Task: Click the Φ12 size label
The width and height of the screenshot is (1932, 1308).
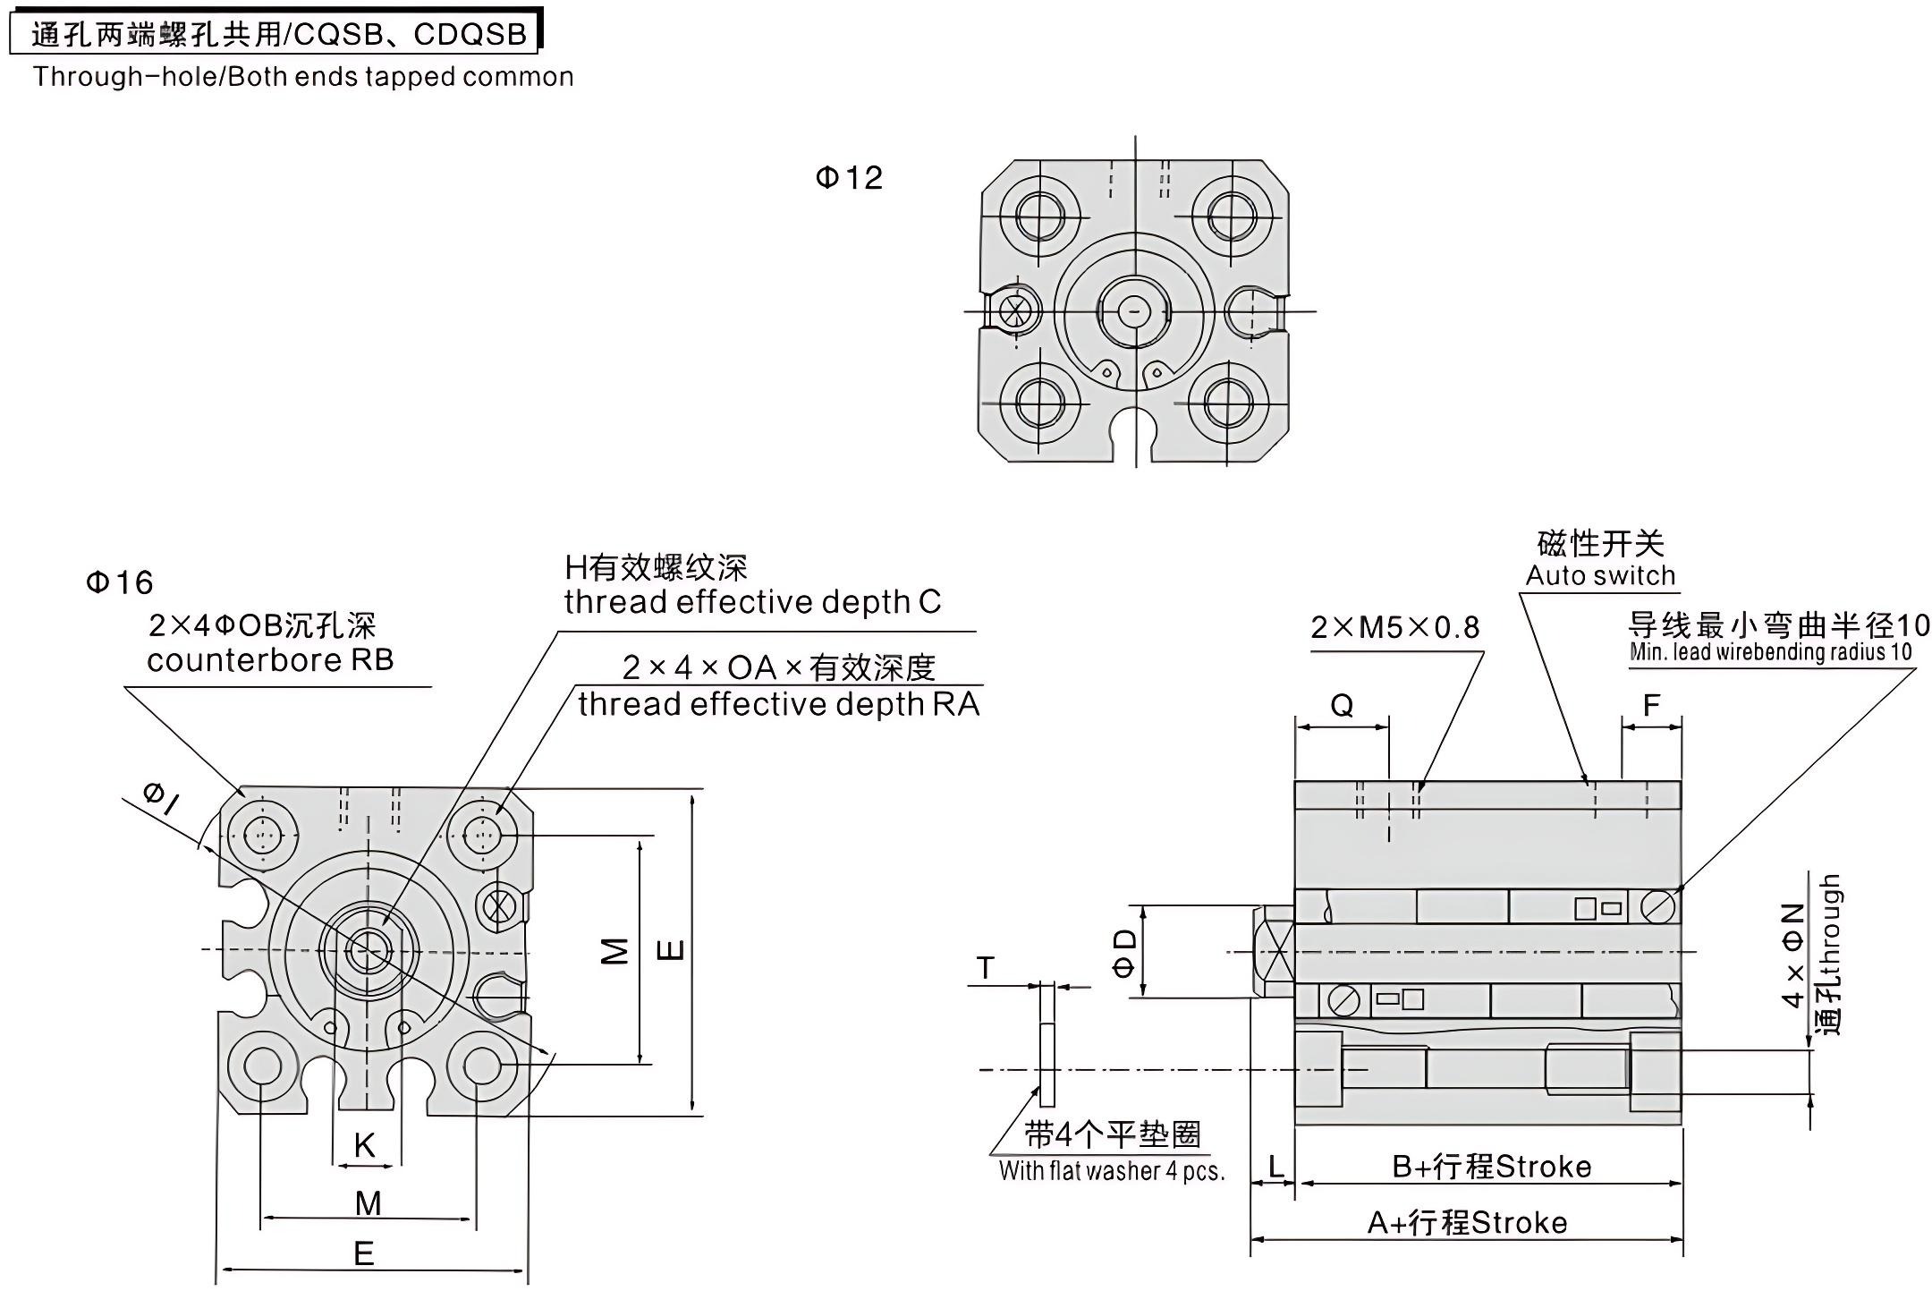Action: click(x=848, y=177)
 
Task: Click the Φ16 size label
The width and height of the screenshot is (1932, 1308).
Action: click(x=119, y=582)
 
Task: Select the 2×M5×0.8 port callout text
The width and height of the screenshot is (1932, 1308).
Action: click(x=1394, y=628)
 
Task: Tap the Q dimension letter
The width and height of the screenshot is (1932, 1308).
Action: click(x=1342, y=706)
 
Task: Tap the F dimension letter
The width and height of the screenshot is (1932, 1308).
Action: click(x=1651, y=706)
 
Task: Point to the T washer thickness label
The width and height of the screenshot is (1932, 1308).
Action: click(x=985, y=968)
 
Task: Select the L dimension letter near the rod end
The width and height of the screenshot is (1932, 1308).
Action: click(x=1276, y=1166)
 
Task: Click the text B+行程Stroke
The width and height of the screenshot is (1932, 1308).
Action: click(x=1491, y=1167)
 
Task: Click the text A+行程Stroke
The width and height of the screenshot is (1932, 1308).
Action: click(x=1467, y=1223)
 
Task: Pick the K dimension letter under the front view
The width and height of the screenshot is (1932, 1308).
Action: click(x=364, y=1145)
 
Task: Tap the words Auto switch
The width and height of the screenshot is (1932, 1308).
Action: click(x=1600, y=575)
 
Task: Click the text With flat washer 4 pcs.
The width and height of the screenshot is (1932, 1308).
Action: click(x=1111, y=1170)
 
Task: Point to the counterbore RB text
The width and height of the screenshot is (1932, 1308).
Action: click(x=270, y=660)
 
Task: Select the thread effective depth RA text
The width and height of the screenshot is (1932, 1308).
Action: click(x=778, y=704)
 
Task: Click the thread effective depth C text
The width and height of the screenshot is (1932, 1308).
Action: click(x=752, y=602)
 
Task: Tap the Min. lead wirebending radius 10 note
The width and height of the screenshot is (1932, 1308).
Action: click(x=1770, y=652)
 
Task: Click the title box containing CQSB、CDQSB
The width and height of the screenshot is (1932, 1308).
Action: click(x=277, y=34)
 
